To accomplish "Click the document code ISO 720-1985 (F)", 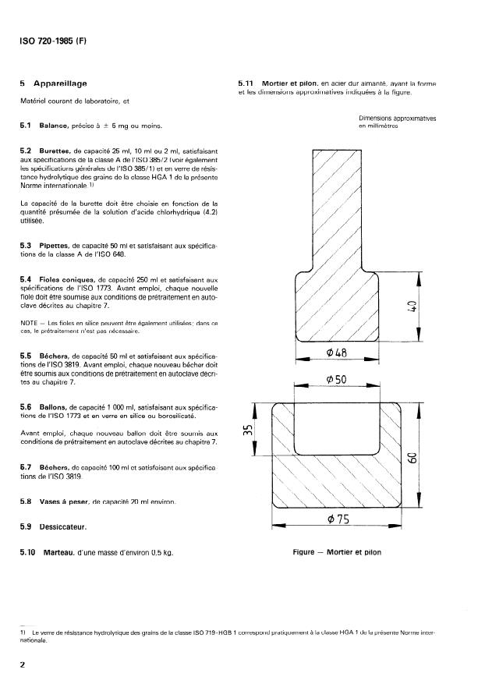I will click(x=53, y=41).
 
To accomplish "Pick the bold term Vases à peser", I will click(x=69, y=501).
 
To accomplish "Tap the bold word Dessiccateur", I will click(x=63, y=526).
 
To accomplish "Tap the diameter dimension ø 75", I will click(x=336, y=520).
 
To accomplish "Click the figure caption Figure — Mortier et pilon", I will click(x=337, y=552).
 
